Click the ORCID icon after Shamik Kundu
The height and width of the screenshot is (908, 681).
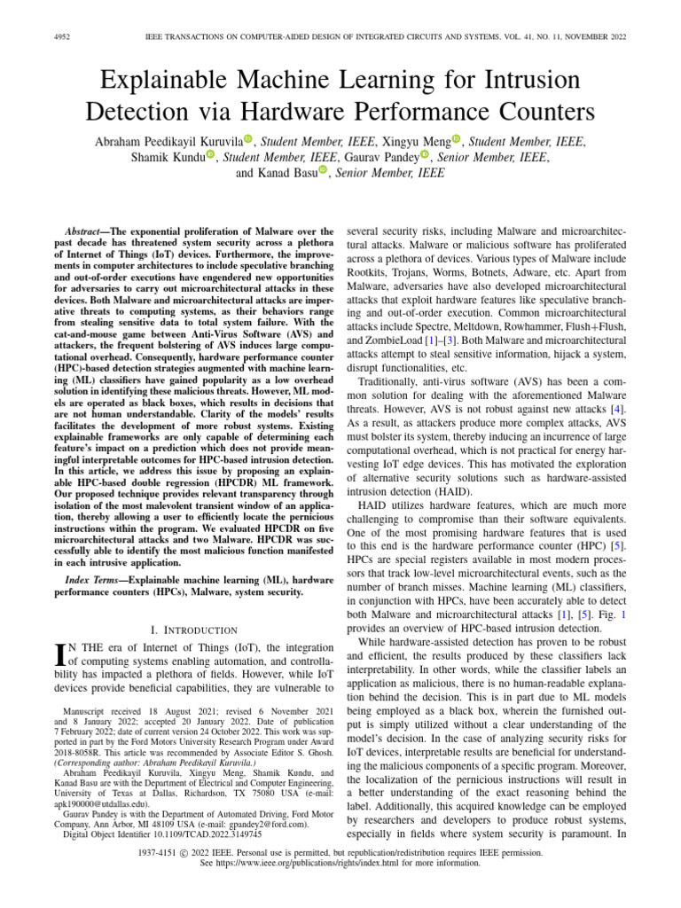(x=211, y=157)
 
